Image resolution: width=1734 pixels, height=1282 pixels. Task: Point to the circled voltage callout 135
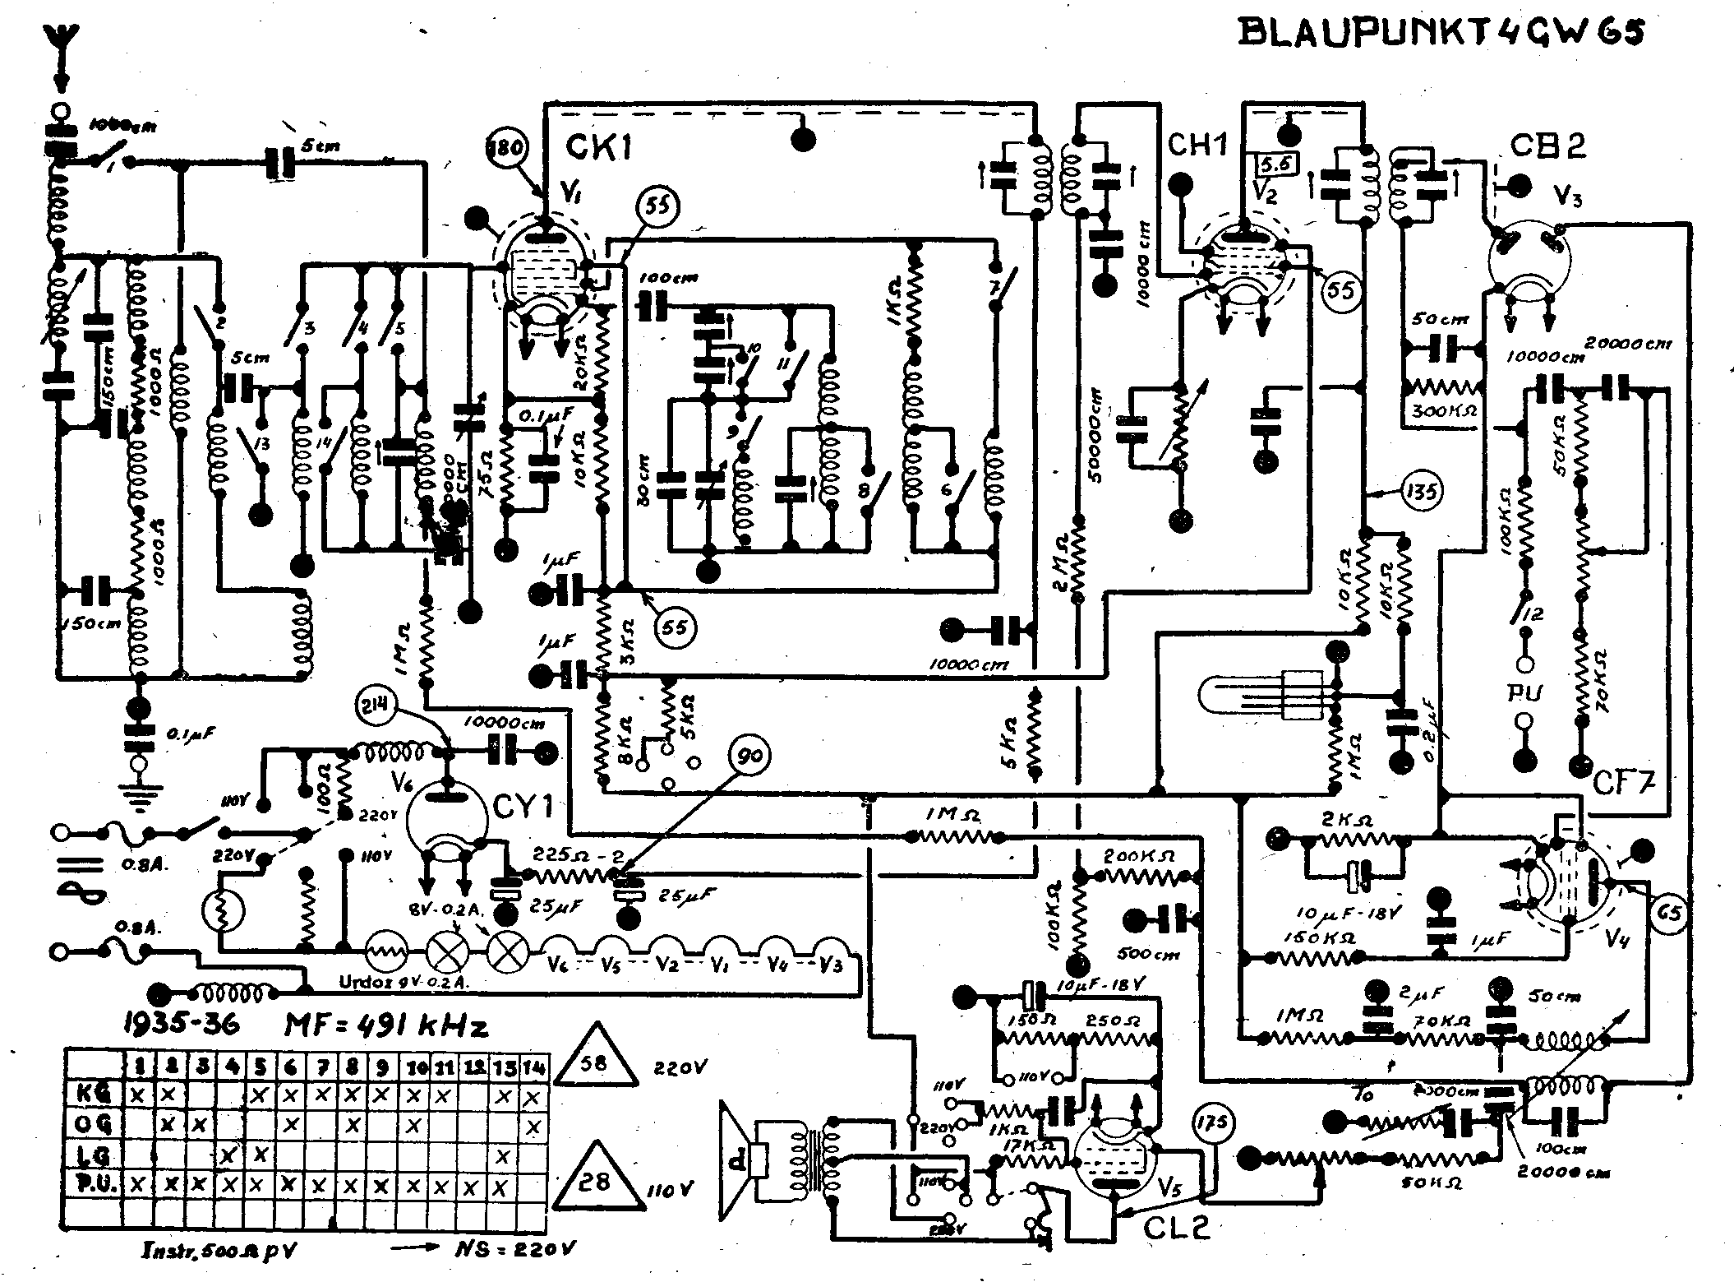(1423, 491)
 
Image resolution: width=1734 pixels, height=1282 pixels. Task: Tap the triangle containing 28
(594, 1182)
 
